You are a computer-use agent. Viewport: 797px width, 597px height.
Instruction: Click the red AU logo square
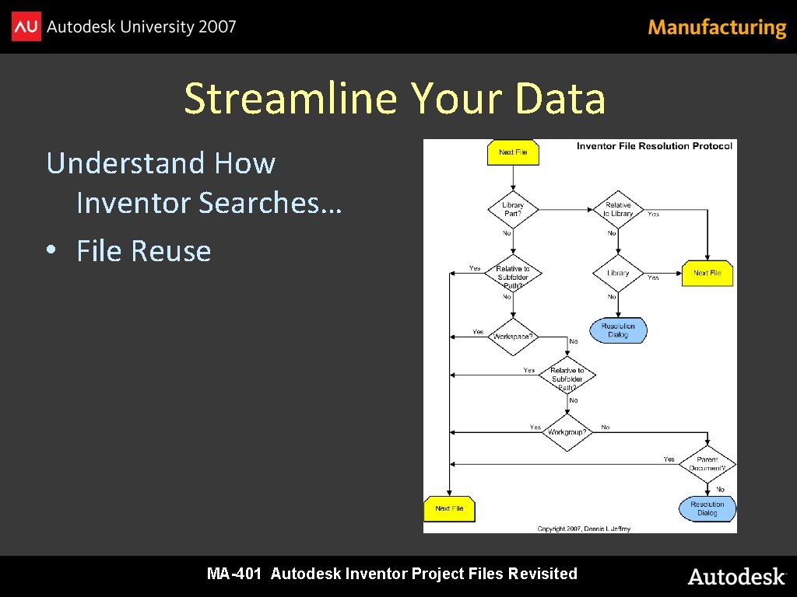tap(26, 27)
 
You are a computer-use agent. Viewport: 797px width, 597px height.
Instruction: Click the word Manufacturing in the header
tap(717, 28)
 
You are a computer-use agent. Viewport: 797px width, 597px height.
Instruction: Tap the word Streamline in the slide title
tap(292, 99)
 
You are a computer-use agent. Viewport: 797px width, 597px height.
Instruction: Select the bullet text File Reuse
tap(144, 251)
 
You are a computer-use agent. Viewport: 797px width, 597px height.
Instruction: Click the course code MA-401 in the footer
tap(234, 574)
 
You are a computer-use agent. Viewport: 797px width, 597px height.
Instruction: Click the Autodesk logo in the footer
tap(736, 576)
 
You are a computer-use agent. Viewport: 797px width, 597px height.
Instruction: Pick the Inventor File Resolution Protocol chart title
tap(654, 146)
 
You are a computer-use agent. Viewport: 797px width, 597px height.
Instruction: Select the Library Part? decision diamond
tap(513, 209)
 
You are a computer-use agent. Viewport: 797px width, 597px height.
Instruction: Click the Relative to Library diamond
tap(618, 209)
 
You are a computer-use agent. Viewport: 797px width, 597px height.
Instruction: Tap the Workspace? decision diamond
tap(513, 336)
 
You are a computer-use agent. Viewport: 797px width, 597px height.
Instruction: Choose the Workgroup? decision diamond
tap(567, 431)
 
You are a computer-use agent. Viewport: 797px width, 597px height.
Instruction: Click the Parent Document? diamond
tap(707, 464)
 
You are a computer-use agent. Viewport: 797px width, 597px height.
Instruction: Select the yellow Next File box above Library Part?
tap(513, 152)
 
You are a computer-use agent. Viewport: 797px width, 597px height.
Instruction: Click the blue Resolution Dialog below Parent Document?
tap(707, 508)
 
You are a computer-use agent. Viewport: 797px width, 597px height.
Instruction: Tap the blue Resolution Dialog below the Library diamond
tap(618, 330)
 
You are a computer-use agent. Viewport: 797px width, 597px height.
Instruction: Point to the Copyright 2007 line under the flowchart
tap(584, 529)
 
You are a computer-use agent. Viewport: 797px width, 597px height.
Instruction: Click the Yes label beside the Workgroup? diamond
tap(535, 427)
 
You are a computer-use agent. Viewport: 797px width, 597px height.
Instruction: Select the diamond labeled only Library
tap(618, 273)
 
